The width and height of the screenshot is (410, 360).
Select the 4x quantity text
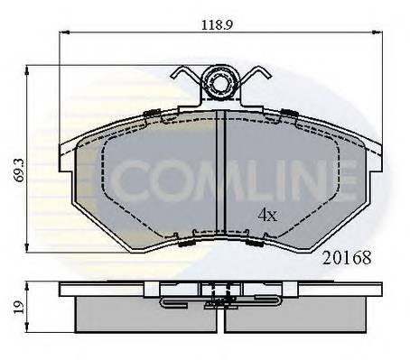point(266,214)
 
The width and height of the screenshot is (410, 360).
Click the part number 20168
point(346,256)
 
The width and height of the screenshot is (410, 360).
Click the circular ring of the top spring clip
point(220,85)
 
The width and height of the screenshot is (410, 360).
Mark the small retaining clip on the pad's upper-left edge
point(154,113)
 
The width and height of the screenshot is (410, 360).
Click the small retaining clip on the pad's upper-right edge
point(288,113)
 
